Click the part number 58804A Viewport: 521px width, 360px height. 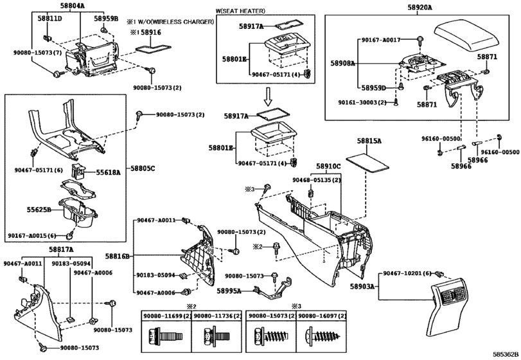pos(73,5)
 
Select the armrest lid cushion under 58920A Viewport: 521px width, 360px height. pos(466,37)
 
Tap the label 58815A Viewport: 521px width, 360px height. pos(369,141)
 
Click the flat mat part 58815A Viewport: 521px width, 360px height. pos(367,163)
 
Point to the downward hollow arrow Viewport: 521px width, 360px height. pos(269,97)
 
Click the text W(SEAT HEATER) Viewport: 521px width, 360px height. pos(240,11)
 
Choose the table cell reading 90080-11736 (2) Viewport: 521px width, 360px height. pos(217,316)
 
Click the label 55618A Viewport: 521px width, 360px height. pos(109,172)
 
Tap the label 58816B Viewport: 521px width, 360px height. pos(118,256)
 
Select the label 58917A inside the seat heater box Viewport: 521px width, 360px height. pos(251,26)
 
